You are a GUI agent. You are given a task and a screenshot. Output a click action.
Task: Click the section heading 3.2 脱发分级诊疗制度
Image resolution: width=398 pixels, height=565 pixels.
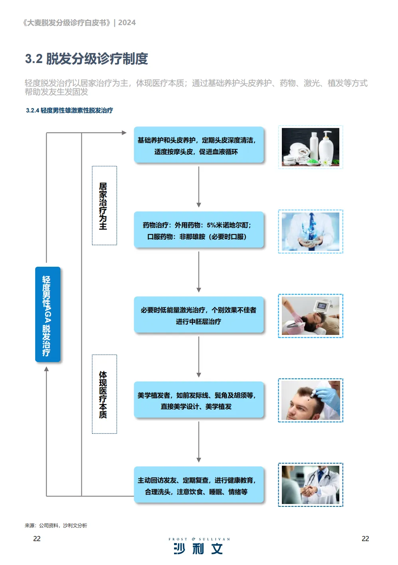(86, 59)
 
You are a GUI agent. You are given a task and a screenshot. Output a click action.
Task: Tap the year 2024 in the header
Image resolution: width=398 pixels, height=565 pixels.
(127, 23)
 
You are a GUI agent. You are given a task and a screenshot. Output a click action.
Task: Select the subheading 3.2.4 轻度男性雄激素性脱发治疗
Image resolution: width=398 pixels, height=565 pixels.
(69, 110)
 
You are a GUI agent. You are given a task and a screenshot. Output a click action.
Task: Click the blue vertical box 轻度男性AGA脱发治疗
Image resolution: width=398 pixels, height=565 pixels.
(48, 314)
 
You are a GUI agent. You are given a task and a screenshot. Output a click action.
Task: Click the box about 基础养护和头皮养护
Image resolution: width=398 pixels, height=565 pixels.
(199, 145)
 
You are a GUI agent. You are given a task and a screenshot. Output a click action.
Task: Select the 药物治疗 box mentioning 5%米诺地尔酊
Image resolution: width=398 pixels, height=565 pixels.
(199, 230)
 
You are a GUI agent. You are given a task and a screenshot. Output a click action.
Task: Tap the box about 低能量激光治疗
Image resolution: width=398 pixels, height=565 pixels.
(199, 315)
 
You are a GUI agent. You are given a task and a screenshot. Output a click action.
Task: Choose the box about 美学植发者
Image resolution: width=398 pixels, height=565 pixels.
(199, 400)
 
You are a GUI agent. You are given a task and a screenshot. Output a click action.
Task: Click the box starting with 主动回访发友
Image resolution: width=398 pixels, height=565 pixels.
(199, 484)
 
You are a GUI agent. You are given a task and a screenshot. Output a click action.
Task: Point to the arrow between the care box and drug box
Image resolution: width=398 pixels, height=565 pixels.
(199, 187)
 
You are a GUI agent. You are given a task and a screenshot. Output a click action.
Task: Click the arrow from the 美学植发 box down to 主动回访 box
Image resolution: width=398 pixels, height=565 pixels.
(199, 442)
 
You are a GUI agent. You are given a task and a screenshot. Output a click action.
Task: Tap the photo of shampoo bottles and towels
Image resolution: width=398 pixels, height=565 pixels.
(310, 147)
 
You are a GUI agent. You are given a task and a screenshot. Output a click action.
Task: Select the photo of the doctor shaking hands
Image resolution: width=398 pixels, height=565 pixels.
(310, 485)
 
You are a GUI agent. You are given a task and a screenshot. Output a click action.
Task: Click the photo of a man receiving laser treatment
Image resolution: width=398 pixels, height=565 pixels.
(310, 315)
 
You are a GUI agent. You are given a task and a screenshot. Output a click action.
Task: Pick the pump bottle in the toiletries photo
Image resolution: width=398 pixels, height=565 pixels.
(326, 148)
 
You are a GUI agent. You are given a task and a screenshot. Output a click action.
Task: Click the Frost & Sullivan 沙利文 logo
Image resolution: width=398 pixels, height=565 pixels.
(199, 545)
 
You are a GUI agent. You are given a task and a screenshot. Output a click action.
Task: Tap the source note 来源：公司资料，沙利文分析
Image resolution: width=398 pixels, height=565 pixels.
(56, 526)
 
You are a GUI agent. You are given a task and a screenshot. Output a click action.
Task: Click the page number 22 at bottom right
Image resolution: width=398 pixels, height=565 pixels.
(365, 539)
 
